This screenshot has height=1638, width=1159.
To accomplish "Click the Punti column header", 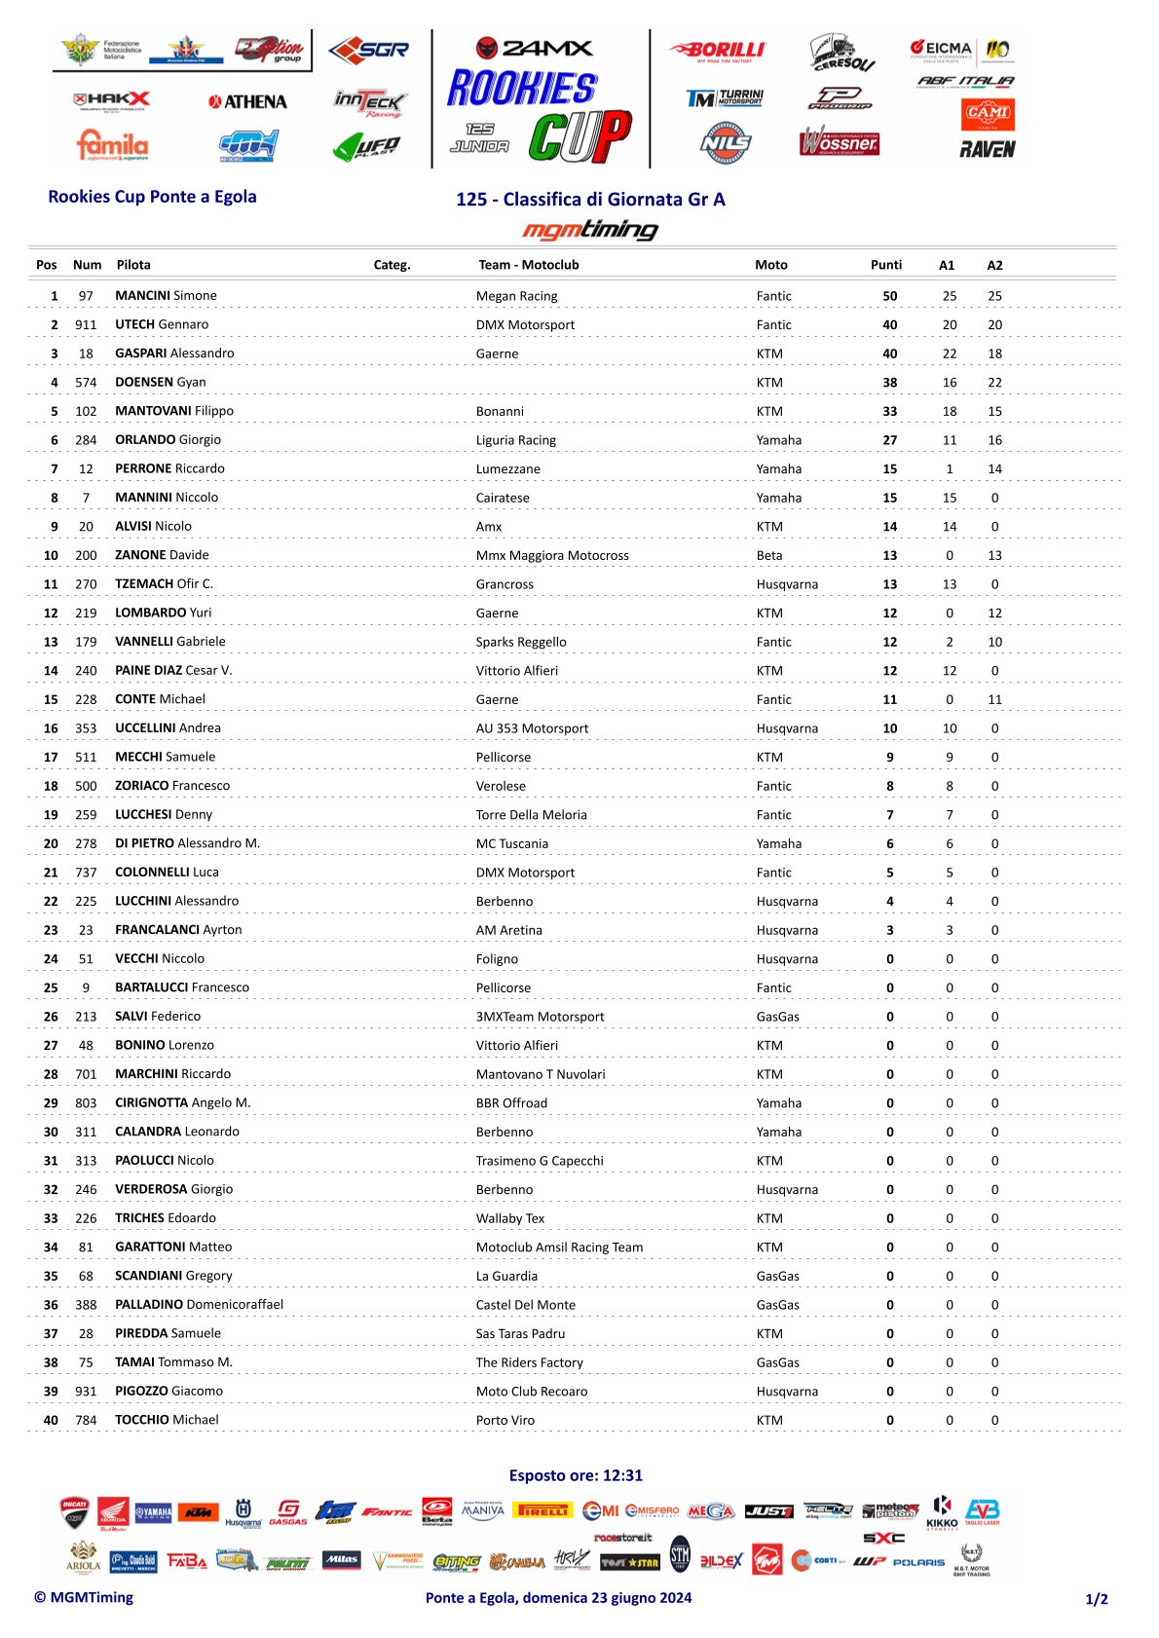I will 885,265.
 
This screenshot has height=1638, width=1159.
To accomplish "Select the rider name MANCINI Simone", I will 166,296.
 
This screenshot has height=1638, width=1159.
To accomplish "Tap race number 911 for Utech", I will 86,325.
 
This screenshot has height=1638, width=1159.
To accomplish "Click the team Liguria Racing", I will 515,440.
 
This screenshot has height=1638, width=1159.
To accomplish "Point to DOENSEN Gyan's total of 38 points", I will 889,383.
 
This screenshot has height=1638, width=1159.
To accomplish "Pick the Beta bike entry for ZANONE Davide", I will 768,556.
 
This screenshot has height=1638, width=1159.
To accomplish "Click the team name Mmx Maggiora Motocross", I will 551,556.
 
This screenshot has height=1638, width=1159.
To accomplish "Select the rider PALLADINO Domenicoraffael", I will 199,1305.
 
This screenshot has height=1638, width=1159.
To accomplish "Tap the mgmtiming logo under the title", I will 590,230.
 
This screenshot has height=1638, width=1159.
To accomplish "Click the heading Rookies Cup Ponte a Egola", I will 152,197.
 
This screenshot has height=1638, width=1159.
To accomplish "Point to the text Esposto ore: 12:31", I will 576,1475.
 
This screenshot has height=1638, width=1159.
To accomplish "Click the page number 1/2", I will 1096,1599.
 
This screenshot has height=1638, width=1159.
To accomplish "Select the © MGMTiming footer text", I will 84,1597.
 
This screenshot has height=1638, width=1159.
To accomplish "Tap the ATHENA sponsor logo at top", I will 247,102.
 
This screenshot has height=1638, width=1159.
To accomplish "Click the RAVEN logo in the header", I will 987,149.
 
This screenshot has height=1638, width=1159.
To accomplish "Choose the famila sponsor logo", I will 112,145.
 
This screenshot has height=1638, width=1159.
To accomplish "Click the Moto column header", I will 770,265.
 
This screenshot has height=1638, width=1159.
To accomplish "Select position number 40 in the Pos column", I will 51,1420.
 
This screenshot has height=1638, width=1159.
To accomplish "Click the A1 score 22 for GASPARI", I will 949,354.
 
